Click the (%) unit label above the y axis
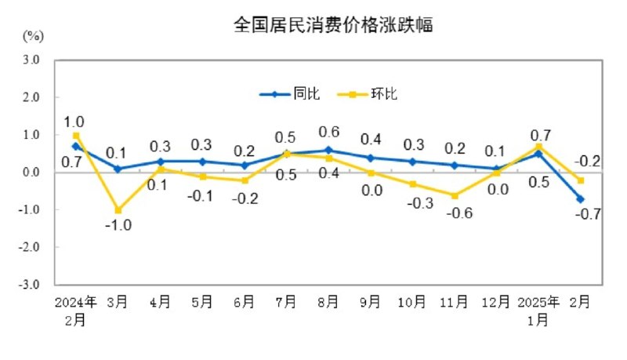[x=33, y=35]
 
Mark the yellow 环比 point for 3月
[x=118, y=210]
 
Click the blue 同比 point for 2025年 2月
[x=581, y=199]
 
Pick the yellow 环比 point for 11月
[x=455, y=195]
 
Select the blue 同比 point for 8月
[x=328, y=150]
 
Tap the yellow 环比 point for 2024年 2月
[x=76, y=135]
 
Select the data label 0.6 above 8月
[x=329, y=132]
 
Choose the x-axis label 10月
[x=413, y=301]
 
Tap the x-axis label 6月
[x=244, y=301]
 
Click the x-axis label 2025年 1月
[x=538, y=309]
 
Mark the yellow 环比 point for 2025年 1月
[x=538, y=147]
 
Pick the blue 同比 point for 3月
[x=118, y=169]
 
